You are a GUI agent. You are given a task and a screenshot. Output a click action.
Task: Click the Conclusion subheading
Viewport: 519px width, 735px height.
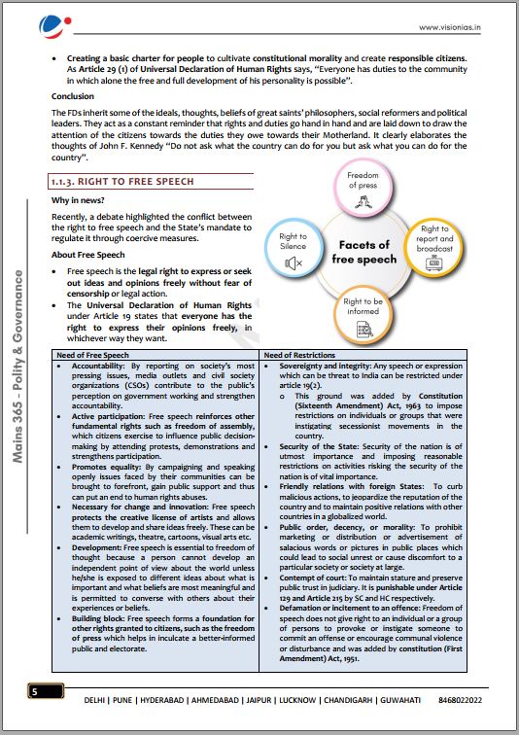[x=74, y=97]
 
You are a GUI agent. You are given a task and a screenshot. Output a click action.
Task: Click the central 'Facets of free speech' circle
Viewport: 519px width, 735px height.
[x=364, y=253]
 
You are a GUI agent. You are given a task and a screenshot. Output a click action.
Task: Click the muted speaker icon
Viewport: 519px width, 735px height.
[x=294, y=262]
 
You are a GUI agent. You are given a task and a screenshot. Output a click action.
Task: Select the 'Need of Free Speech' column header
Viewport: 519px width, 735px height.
[x=94, y=355]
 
